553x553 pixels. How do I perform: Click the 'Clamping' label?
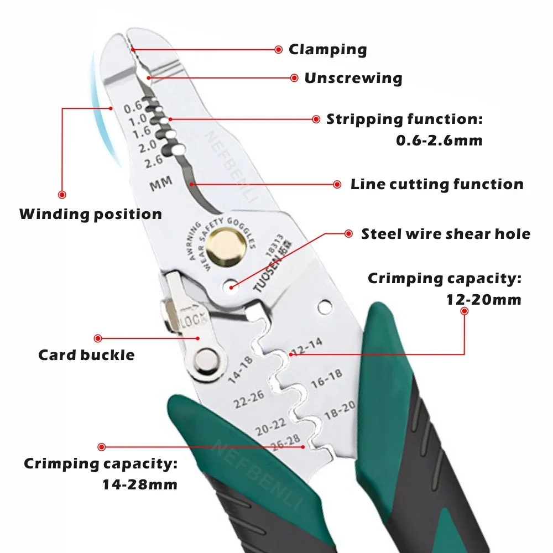point(327,49)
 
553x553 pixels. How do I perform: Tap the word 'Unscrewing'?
point(353,77)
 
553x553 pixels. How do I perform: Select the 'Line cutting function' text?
point(437,184)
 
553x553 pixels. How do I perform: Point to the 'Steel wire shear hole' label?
point(445,234)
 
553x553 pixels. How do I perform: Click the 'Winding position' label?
point(91,214)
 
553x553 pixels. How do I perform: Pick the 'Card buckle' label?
point(86,354)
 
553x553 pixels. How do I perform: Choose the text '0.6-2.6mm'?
point(439,140)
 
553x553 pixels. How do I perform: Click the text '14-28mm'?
point(140,485)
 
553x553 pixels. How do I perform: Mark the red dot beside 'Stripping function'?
point(316,119)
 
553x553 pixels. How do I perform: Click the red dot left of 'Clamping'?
point(279,49)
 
